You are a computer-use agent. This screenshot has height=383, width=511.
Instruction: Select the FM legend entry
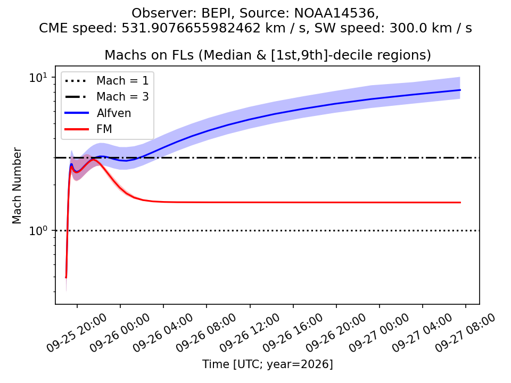(88, 129)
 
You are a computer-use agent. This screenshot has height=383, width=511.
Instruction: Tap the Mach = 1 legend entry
(106, 80)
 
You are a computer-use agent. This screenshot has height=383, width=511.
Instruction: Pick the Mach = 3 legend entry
(106, 97)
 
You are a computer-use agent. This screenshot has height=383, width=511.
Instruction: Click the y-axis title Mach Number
(17, 186)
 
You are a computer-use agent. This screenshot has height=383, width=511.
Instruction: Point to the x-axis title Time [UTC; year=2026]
(268, 364)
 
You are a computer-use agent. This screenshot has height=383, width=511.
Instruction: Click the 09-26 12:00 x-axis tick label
(249, 332)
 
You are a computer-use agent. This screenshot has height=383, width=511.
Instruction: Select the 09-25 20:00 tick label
(76, 332)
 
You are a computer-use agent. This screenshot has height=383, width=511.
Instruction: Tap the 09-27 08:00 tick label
(465, 332)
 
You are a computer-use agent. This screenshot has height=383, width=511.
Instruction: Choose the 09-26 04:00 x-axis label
(163, 332)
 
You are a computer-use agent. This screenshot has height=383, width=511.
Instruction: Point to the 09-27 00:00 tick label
(378, 332)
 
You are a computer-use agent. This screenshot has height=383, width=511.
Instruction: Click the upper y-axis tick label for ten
(38, 78)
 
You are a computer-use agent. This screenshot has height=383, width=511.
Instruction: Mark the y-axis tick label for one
(38, 230)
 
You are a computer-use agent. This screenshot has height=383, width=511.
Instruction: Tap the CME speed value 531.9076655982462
(191, 28)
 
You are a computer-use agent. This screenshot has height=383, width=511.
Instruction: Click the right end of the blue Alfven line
(460, 90)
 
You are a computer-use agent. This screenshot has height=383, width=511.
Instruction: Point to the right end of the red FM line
(460, 203)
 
